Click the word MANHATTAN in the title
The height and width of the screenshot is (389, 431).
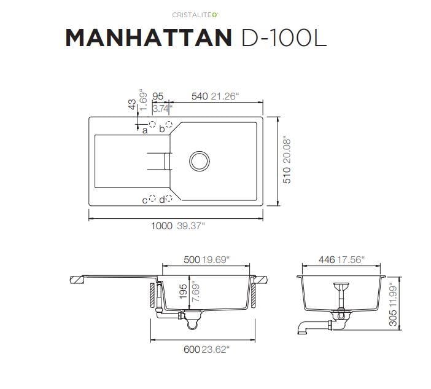[x=149, y=37]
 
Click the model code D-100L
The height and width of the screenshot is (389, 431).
[x=284, y=37]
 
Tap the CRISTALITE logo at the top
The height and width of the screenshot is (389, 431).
[x=195, y=15]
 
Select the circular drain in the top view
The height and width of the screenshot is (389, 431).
[x=200, y=161]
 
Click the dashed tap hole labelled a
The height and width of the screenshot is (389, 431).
[x=152, y=124]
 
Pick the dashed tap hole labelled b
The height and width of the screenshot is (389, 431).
[x=169, y=124]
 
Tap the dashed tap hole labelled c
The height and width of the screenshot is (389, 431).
[x=152, y=198]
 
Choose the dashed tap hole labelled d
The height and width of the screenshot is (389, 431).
[x=169, y=198]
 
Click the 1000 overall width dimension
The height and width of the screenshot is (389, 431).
[x=161, y=226]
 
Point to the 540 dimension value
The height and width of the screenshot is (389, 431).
[x=200, y=96]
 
